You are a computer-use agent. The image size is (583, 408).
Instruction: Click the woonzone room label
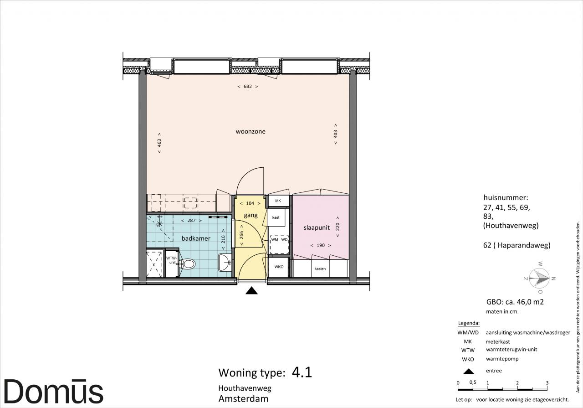pyautogui.click(x=251, y=131)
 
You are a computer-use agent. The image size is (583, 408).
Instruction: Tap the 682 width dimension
pyautogui.click(x=248, y=87)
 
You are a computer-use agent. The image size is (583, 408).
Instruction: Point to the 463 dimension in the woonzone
pyautogui.click(x=159, y=143)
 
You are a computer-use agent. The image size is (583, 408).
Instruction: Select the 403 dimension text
pyautogui.click(x=336, y=134)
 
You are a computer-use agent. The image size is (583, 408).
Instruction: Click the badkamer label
pyautogui.click(x=196, y=238)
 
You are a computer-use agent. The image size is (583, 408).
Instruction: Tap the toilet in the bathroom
pyautogui.click(x=188, y=264)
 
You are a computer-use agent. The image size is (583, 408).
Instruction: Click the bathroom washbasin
pyautogui.click(x=225, y=263)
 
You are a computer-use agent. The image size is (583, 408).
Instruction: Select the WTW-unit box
pyautogui.click(x=172, y=263)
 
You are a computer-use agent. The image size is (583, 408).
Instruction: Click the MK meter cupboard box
pyautogui.click(x=278, y=201)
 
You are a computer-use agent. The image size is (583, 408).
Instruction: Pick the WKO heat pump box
pyautogui.click(x=278, y=267)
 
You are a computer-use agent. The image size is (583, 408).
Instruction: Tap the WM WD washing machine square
pyautogui.click(x=280, y=244)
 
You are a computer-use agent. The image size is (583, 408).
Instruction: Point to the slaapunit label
pyautogui.click(x=317, y=227)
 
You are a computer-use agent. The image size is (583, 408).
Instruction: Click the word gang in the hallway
pyautogui.click(x=251, y=215)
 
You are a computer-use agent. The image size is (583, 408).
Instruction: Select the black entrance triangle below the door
pyautogui.click(x=251, y=290)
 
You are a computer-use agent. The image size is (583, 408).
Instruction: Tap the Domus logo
pyautogui.click(x=54, y=391)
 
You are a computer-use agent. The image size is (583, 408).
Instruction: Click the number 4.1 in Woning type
pyautogui.click(x=302, y=372)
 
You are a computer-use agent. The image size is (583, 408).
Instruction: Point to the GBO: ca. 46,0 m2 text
pyautogui.click(x=515, y=302)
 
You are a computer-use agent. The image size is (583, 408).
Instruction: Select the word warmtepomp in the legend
pyautogui.click(x=502, y=359)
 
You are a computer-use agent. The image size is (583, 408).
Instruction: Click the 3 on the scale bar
pyautogui.click(x=547, y=383)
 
